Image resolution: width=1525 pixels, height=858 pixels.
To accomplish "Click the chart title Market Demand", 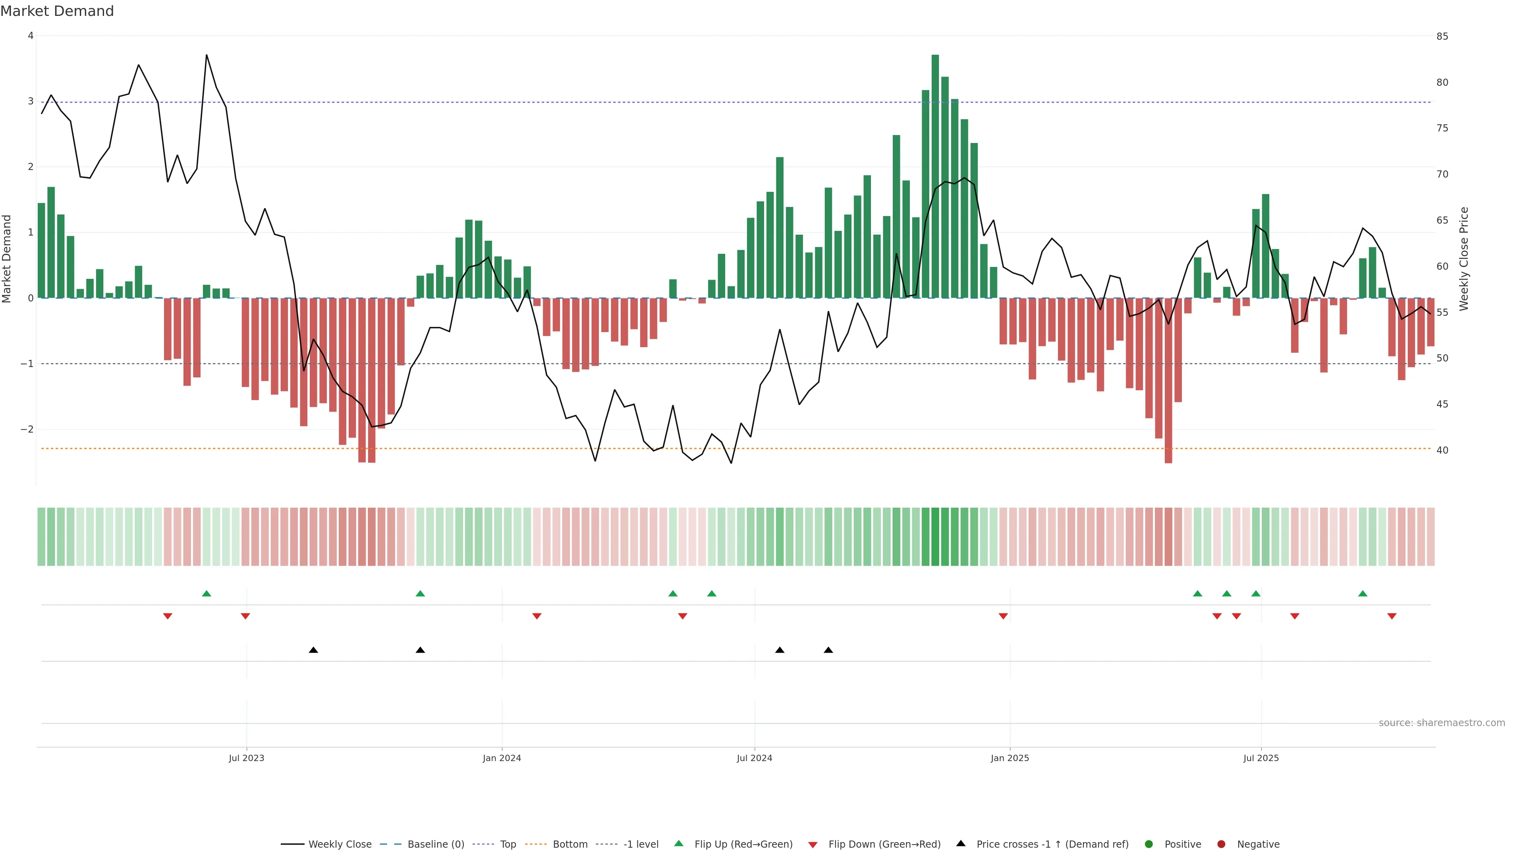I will (57, 11).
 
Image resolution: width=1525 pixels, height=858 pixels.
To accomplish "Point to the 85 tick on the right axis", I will (1442, 36).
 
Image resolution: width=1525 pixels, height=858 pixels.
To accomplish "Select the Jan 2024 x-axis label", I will (502, 758).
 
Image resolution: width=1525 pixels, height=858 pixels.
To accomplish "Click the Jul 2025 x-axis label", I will (1261, 758).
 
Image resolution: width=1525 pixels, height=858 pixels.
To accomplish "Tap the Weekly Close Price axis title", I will (1463, 259).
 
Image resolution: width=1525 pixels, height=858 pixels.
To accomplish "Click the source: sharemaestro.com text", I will (1442, 723).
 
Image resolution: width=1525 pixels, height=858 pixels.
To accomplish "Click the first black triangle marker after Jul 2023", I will (313, 650).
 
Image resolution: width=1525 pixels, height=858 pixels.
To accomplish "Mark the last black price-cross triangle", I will (828, 650).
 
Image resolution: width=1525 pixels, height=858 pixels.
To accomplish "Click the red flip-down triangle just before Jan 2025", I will (1003, 616).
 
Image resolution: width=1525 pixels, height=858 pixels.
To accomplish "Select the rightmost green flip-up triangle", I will (1362, 593).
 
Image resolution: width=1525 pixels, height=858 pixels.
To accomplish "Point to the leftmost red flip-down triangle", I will (168, 616).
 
